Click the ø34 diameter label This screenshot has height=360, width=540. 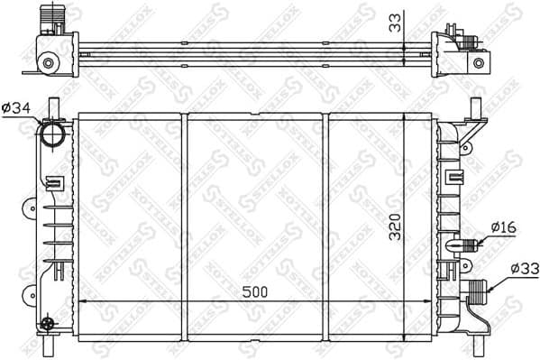(x=16, y=109)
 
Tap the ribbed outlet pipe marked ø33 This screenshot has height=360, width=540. (x=477, y=291)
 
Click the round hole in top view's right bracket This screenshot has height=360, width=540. (x=479, y=63)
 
